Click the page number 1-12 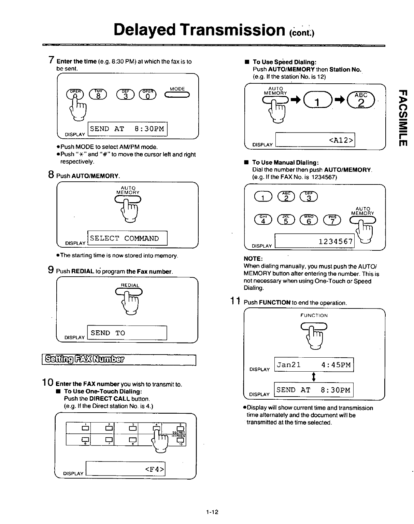(x=212, y=512)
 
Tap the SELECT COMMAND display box (x=127, y=238)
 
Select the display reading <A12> (x=315, y=140)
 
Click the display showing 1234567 (x=315, y=241)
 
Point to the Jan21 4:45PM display (x=314, y=365)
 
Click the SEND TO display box (x=127, y=333)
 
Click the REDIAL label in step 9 (x=130, y=285)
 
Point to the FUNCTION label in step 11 (x=314, y=316)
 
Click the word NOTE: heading (x=253, y=259)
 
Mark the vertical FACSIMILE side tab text (x=403, y=116)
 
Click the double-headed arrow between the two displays (x=314, y=377)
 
